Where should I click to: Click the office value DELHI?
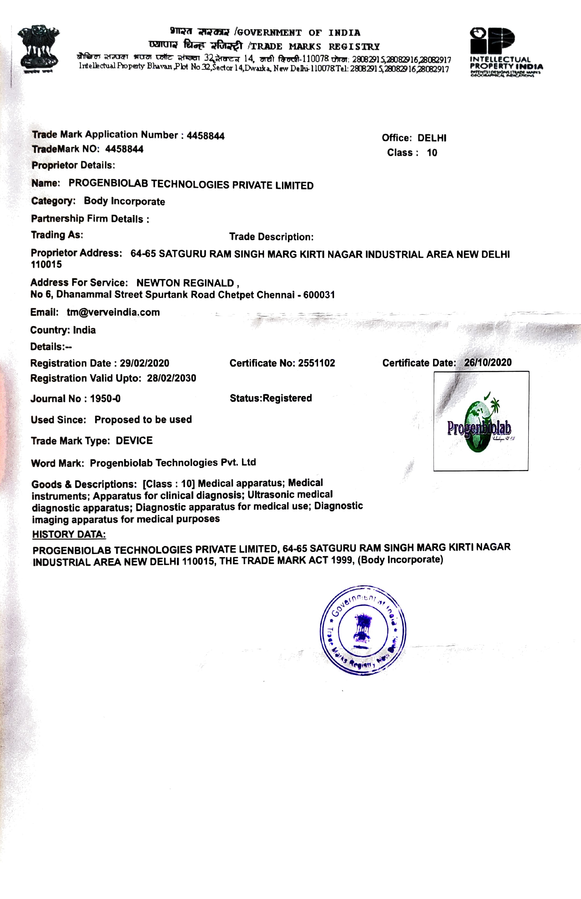(x=432, y=138)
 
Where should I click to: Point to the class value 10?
(x=432, y=153)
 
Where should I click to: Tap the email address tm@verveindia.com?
(x=113, y=312)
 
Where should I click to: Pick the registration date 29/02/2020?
(x=144, y=363)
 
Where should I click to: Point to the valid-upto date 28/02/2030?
(x=171, y=378)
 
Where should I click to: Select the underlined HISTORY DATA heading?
(x=69, y=534)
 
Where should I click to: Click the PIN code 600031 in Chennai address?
(x=319, y=294)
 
